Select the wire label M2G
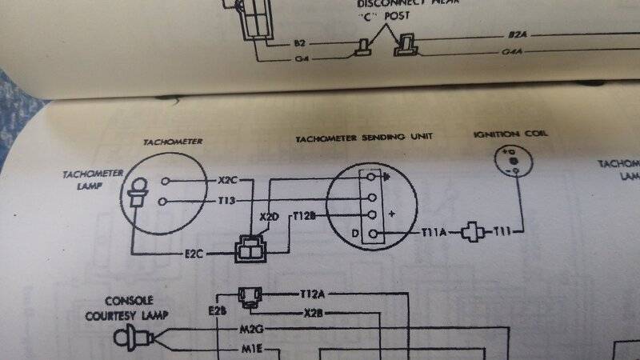tap(252, 329)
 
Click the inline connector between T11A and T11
tap(474, 232)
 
